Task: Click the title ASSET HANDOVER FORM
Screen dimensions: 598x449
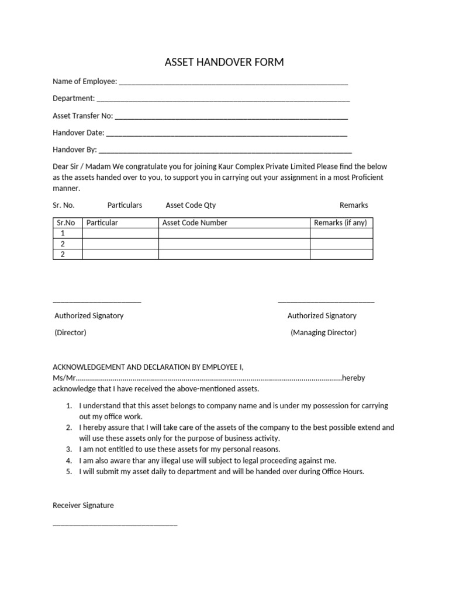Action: [224, 62]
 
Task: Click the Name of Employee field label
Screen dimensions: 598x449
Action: [85, 82]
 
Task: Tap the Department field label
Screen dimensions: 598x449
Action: [74, 98]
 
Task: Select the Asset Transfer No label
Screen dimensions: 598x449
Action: [83, 116]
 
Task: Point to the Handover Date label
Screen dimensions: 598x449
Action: [78, 133]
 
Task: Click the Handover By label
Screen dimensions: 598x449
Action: [75, 149]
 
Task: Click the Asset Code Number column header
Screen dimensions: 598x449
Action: [195, 222]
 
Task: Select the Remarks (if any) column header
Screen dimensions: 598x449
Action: [341, 222]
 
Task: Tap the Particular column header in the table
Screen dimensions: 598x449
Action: [102, 222]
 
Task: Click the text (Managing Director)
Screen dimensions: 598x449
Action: [323, 333]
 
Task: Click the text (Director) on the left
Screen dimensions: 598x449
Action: [70, 333]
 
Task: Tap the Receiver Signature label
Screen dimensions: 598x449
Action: [83, 505]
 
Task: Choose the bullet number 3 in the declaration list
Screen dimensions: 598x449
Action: [68, 449]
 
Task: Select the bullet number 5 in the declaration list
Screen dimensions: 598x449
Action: [68, 471]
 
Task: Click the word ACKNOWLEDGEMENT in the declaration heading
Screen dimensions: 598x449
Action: [89, 367]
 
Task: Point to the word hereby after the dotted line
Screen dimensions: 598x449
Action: [354, 378]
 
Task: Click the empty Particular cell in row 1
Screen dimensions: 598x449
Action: [120, 233]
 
